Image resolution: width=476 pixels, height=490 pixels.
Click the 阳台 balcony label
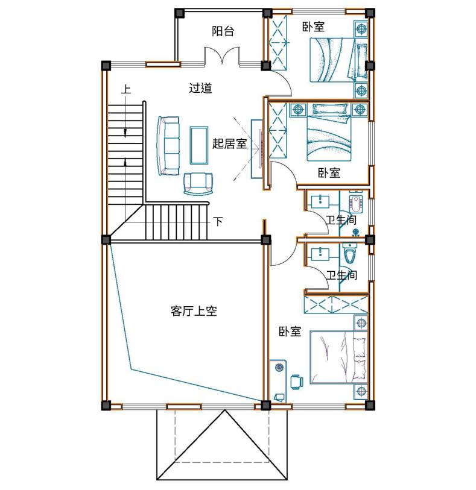(x=223, y=31)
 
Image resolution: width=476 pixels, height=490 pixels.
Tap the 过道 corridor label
(x=200, y=88)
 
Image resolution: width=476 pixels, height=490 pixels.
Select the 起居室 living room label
(x=230, y=144)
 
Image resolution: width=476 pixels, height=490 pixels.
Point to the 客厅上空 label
(x=194, y=311)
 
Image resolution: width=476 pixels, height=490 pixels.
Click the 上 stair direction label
(x=125, y=89)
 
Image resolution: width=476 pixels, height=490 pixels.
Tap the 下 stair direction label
(x=218, y=222)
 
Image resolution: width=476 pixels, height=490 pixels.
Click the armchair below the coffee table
(x=198, y=184)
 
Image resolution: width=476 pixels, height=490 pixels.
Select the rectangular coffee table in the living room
(x=199, y=145)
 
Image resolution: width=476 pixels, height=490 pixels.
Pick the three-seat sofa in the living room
(x=168, y=146)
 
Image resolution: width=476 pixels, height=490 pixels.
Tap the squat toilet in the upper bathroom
(x=355, y=203)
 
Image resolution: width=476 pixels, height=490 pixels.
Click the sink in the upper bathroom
(x=320, y=200)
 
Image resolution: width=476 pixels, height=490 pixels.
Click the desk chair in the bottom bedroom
(x=296, y=382)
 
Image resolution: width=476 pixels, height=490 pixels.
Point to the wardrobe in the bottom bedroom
(x=336, y=303)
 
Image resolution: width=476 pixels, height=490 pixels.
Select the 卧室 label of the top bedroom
(x=313, y=27)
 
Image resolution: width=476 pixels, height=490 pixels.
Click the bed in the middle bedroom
(x=329, y=133)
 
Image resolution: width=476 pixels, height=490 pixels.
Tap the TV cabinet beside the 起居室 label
(x=257, y=149)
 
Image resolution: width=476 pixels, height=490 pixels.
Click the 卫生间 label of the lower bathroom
(x=341, y=275)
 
